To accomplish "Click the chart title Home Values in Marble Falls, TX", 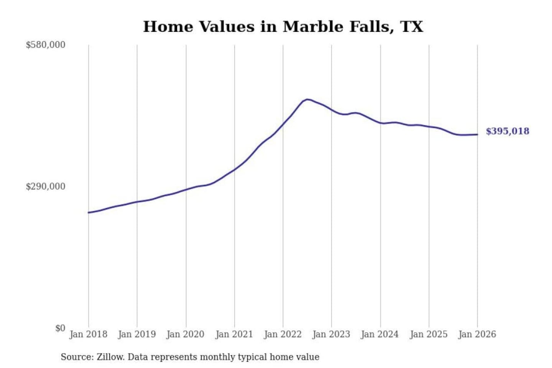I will tap(283, 27).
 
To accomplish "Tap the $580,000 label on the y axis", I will tap(46, 45).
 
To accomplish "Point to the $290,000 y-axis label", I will tap(46, 187).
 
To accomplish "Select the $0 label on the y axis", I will tap(60, 328).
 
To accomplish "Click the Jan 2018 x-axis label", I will tap(88, 334).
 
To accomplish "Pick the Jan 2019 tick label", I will tap(137, 334).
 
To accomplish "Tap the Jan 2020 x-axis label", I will tap(186, 334).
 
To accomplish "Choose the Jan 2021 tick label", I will tap(234, 334).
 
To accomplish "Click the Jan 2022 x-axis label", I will tap(283, 334).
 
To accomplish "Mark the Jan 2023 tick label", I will tap(331, 334).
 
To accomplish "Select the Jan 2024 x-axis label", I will tap(380, 334).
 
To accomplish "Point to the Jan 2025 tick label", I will tap(429, 334).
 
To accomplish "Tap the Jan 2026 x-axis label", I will tap(477, 334).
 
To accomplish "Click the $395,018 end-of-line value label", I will tap(508, 131).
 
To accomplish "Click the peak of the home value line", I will tap(307, 99).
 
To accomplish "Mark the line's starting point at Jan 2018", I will tap(89, 212).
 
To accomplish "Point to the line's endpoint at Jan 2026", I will tap(477, 134).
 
